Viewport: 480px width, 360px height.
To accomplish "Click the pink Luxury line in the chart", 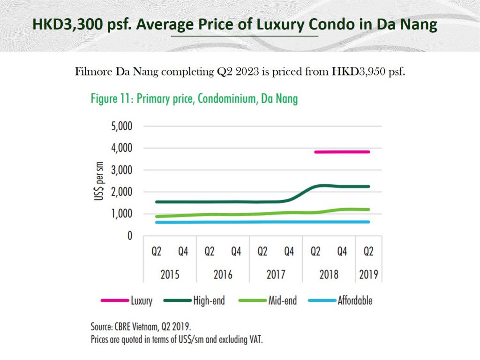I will point(342,152).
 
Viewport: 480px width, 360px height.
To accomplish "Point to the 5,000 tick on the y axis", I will point(121,127).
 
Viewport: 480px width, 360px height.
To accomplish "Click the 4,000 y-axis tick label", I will point(121,149).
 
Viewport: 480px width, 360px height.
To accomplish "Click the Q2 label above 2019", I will point(369,252).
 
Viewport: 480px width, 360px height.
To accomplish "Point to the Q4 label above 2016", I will point(236,252).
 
